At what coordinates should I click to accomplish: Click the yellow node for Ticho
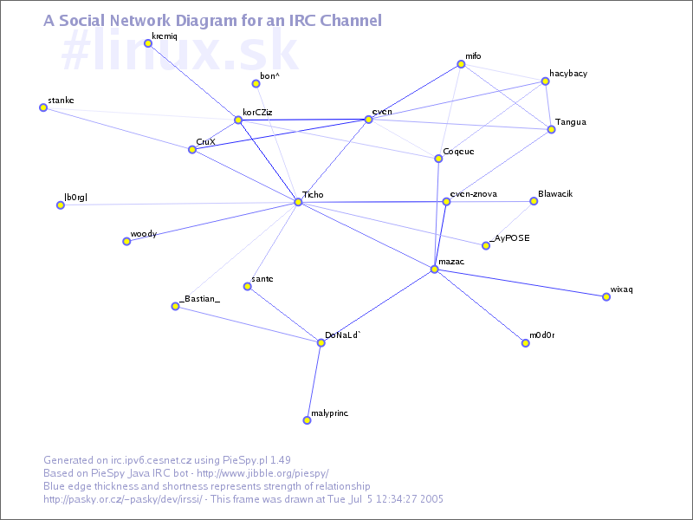(x=298, y=202)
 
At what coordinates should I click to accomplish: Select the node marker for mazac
(x=434, y=270)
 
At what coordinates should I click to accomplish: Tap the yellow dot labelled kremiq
(x=148, y=43)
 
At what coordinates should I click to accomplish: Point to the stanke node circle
(x=42, y=107)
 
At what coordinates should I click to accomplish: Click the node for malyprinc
(x=307, y=420)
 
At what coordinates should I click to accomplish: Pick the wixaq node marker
(x=606, y=297)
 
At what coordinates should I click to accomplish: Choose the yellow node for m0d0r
(x=525, y=343)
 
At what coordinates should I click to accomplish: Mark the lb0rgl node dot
(x=61, y=205)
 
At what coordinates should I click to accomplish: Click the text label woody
(x=143, y=234)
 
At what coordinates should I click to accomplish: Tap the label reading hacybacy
(x=568, y=74)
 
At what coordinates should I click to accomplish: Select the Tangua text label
(x=570, y=122)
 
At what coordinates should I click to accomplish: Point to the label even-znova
(x=474, y=193)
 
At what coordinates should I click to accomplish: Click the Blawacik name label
(x=555, y=193)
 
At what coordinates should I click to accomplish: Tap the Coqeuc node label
(x=458, y=152)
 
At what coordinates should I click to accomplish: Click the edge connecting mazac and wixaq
(x=520, y=283)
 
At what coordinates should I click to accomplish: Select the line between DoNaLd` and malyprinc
(x=314, y=381)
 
